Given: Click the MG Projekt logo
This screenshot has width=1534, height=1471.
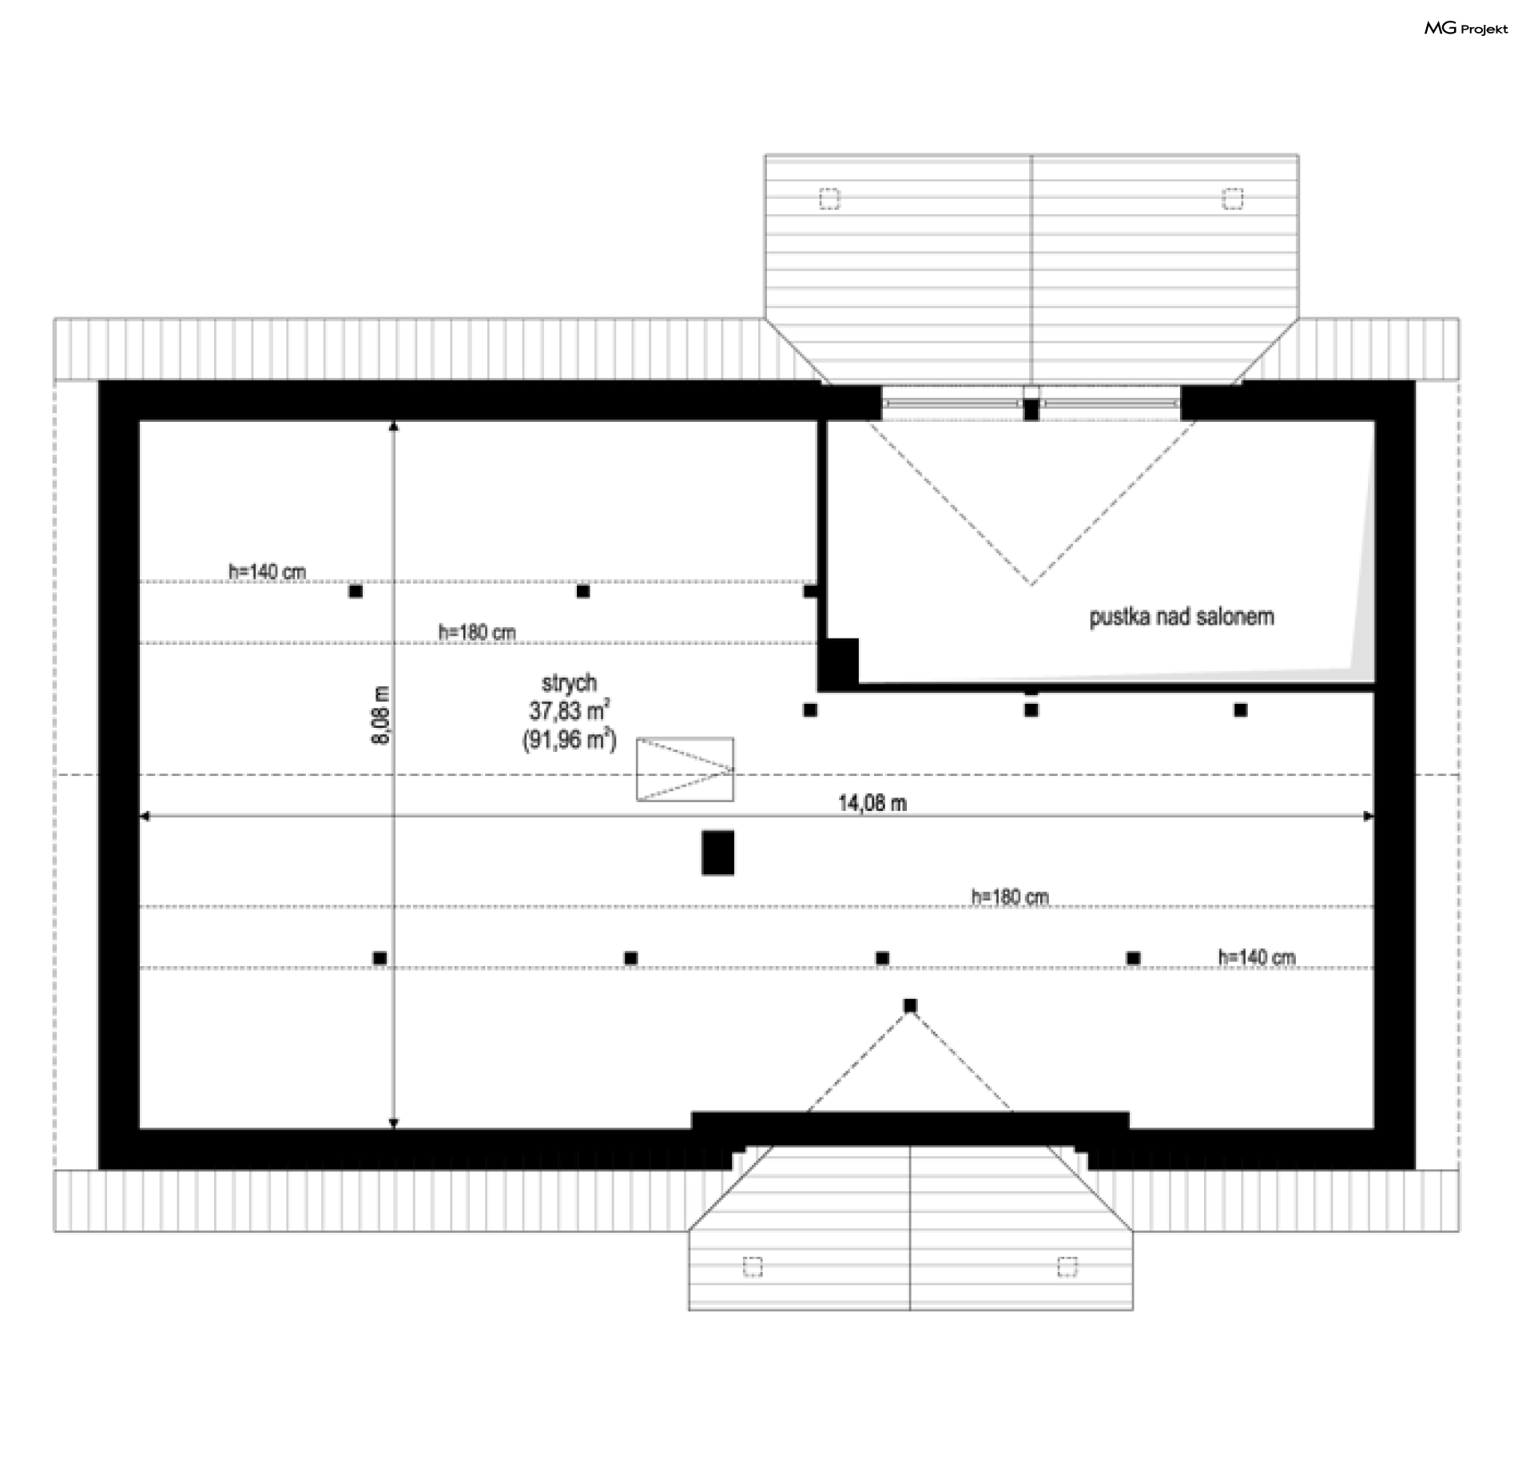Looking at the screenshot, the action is tap(1466, 29).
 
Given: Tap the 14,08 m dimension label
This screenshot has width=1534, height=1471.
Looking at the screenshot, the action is tap(872, 803).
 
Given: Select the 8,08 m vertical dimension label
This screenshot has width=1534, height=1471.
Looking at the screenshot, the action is tap(381, 715).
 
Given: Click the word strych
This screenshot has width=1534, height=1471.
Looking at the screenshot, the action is tap(569, 683).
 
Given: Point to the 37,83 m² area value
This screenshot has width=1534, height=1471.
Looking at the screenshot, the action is tap(570, 710).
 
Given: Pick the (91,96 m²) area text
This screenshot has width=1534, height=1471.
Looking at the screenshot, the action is tap(570, 740).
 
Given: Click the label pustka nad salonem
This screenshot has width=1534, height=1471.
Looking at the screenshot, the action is tap(1182, 617).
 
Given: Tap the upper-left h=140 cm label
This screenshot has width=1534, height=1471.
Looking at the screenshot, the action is tap(268, 571).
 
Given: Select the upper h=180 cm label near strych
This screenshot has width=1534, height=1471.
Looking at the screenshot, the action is tap(477, 632).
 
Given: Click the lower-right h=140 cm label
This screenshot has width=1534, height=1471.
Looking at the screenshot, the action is tap(1257, 956).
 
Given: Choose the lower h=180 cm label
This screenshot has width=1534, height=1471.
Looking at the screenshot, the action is tap(1010, 897).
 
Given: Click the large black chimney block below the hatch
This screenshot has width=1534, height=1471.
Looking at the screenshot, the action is tap(717, 853).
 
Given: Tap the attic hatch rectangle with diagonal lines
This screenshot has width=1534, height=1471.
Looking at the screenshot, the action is tap(685, 769).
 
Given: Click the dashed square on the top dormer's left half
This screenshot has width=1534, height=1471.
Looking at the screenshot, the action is tap(829, 198).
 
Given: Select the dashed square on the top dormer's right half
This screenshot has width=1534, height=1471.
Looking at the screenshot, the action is tap(1233, 198).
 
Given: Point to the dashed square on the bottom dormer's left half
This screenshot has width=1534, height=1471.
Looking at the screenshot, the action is tap(753, 1266).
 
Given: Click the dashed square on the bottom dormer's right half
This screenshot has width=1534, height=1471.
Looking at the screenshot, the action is tap(1067, 1266).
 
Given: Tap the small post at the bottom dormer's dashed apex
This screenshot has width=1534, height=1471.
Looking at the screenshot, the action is tap(910, 1005).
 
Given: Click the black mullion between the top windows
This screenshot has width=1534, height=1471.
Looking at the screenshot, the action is tap(1031, 409).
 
